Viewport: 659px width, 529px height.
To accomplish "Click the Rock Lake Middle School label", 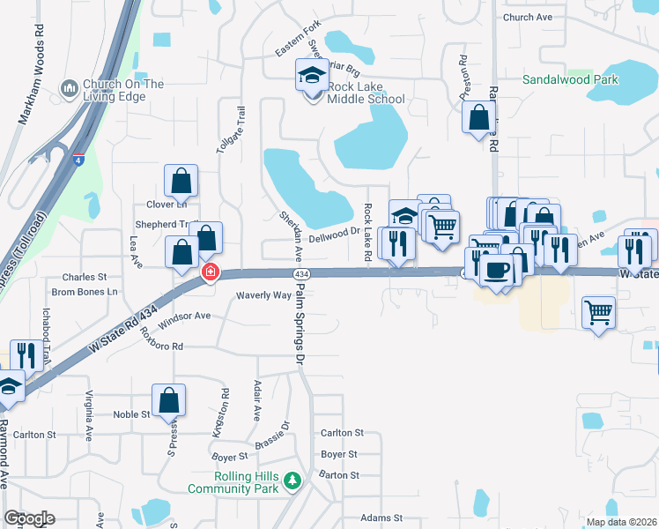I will click(366, 93).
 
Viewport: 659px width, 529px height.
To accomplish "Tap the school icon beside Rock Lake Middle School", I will click(311, 78).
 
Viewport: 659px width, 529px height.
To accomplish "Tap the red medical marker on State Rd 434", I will click(210, 272).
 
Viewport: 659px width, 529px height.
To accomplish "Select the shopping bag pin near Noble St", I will click(168, 400).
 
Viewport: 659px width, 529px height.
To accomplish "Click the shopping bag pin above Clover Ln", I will click(181, 181).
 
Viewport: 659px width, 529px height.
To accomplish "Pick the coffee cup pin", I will click(499, 269).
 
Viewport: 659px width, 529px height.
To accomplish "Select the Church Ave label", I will click(527, 18).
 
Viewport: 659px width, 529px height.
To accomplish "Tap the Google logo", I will click(29, 518).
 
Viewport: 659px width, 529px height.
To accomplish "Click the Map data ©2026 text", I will click(620, 522).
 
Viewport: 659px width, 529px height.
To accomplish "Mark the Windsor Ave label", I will click(185, 317).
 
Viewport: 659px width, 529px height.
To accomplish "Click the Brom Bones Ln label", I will click(85, 292).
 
